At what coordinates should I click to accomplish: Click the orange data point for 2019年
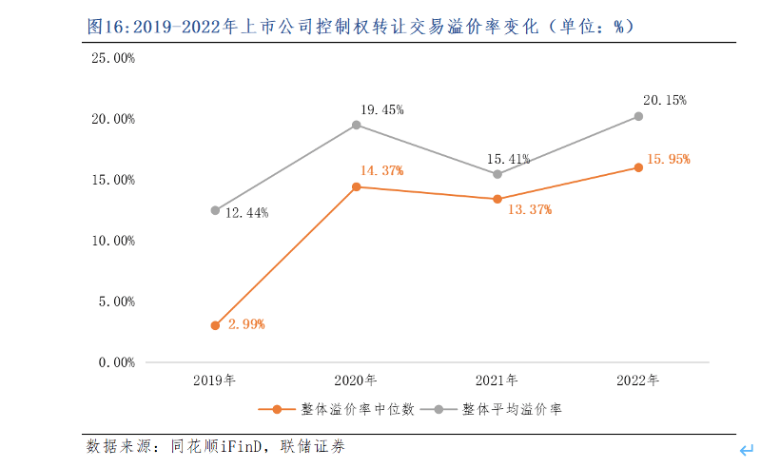click(x=215, y=325)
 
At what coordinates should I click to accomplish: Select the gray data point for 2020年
click(x=357, y=125)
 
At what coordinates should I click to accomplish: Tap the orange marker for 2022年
click(x=638, y=167)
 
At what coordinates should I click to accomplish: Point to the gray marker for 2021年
click(x=497, y=174)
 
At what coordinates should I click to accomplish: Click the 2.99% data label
click(x=245, y=324)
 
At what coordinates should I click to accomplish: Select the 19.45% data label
click(x=381, y=109)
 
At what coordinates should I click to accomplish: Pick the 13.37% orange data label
click(x=529, y=209)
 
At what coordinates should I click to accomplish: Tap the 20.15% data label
click(x=664, y=100)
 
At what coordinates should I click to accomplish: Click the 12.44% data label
click(x=245, y=213)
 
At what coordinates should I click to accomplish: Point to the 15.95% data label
click(x=668, y=159)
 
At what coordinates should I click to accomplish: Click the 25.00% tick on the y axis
click(x=113, y=58)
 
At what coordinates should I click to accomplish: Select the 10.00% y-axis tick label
click(x=113, y=241)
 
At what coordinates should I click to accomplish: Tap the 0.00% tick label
click(x=116, y=362)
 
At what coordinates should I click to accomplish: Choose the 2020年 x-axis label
click(x=356, y=380)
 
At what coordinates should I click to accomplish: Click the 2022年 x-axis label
click(x=637, y=380)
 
